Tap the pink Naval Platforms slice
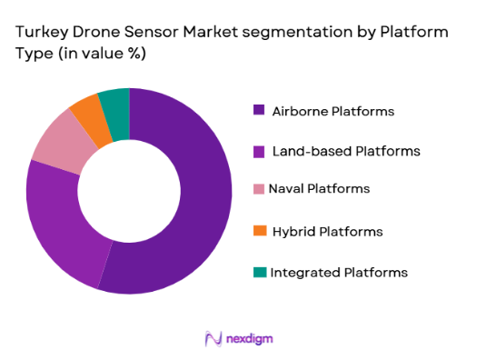62,142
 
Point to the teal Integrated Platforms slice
115,104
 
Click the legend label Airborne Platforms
333,111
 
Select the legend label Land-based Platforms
346,151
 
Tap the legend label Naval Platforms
319,188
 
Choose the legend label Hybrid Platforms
327,231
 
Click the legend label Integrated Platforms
339,272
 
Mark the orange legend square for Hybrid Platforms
259,231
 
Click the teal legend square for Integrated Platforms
259,272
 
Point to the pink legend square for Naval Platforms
259,188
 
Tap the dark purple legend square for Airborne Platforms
259,111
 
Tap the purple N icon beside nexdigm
214,338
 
